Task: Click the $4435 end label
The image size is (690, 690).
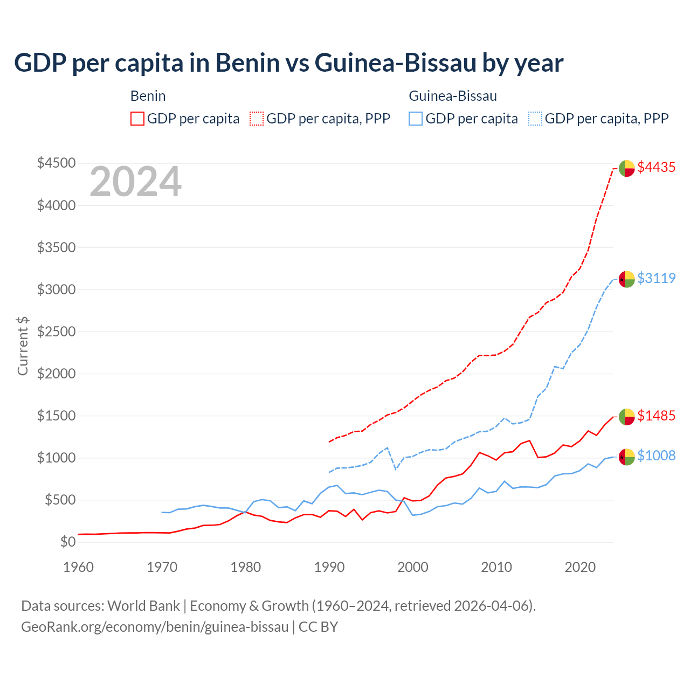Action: coord(656,168)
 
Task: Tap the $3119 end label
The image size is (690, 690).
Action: coord(656,278)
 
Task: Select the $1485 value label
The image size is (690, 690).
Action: coord(656,416)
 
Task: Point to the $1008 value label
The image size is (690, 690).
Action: coord(656,456)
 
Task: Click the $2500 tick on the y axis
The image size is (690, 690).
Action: coord(56,332)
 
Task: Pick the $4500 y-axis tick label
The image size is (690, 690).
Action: coord(56,163)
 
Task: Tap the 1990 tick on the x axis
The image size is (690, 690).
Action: coord(329,567)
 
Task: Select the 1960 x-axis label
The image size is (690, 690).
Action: coord(79,567)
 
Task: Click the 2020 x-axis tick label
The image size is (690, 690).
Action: coord(580,567)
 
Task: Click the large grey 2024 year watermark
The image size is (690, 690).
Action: coord(135,182)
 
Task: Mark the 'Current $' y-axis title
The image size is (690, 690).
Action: coord(23,346)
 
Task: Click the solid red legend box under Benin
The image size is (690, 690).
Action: coord(137,119)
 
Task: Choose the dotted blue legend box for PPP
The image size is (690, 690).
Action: coord(535,119)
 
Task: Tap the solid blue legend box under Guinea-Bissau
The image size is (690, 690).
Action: coord(416,119)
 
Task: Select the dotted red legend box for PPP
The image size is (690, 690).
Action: coord(257,119)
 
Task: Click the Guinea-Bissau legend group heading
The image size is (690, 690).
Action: coord(453,96)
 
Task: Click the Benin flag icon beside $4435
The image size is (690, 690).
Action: coord(626,168)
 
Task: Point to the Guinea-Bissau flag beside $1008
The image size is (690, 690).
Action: coord(626,457)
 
